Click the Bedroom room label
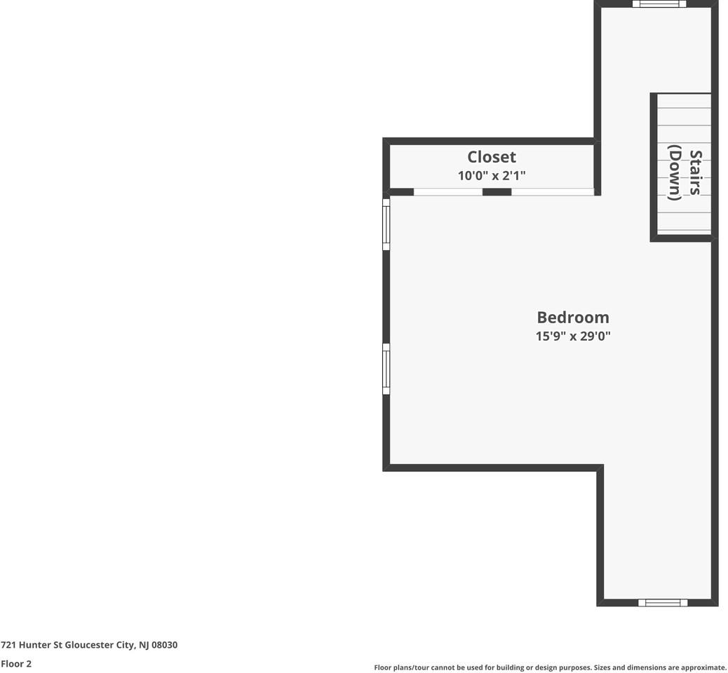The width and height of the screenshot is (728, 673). (x=573, y=317)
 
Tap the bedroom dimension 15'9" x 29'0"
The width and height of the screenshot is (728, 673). (x=573, y=336)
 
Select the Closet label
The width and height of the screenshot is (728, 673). (x=492, y=157)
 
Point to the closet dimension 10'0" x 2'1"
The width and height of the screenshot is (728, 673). (x=492, y=176)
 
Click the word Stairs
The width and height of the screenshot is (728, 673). (x=695, y=172)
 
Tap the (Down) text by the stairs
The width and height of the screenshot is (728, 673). (x=675, y=172)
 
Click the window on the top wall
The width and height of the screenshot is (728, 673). (x=659, y=4)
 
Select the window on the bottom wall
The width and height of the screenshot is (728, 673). (x=663, y=602)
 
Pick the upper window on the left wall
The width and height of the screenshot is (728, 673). (x=386, y=224)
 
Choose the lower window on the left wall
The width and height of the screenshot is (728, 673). (x=386, y=369)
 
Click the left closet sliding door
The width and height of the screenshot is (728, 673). (x=447, y=191)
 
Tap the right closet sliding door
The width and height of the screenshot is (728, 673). (x=553, y=191)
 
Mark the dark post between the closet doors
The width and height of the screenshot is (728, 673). (x=497, y=191)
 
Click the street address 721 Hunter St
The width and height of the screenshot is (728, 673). (x=32, y=645)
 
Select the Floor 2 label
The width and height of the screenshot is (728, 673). (x=16, y=664)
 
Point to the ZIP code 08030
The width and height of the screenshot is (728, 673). (x=165, y=645)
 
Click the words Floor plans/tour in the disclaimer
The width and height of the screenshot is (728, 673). (x=403, y=668)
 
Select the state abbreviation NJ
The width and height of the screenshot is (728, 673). (x=144, y=645)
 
